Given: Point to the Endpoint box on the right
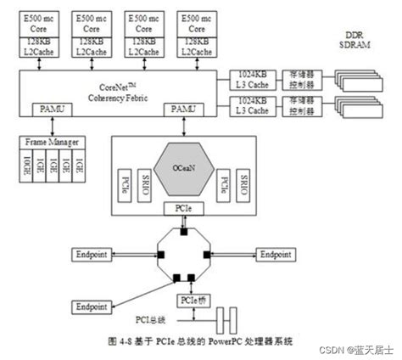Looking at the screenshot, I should tap(276, 254).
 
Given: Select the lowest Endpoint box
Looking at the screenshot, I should tap(90, 305).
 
